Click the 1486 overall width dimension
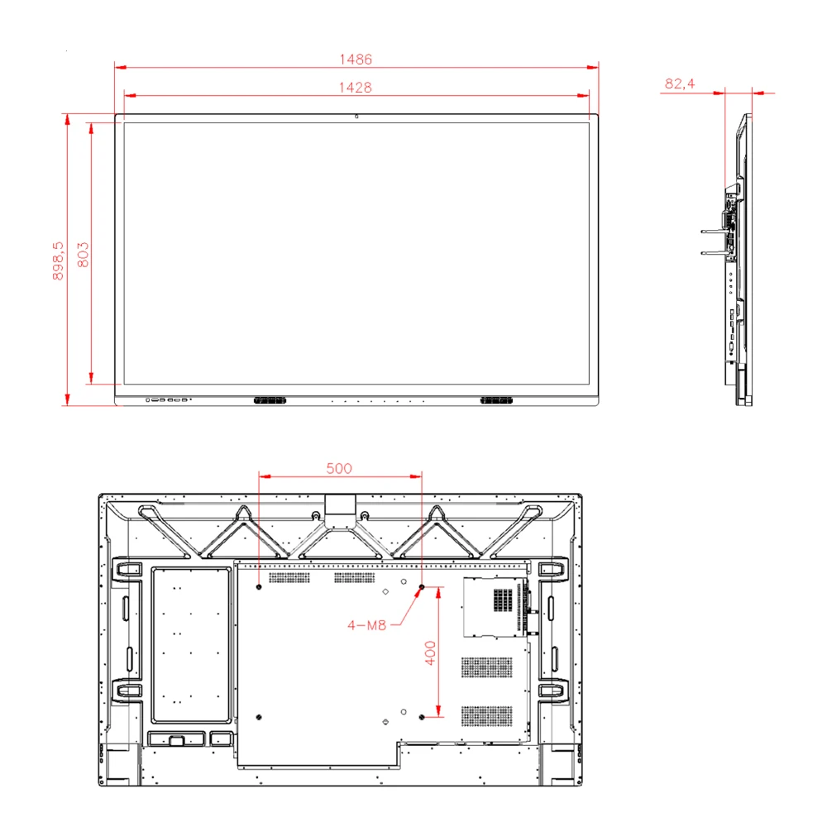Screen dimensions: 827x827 356,60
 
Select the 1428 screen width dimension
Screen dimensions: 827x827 356,87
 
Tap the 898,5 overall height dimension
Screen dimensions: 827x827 57,261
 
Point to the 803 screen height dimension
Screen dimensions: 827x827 83,254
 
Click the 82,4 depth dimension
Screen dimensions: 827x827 679,84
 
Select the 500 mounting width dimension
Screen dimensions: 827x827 338,468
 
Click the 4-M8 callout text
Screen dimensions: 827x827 367,625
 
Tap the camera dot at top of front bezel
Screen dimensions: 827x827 356,116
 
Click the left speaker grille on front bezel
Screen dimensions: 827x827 270,400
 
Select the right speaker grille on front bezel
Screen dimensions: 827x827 496,400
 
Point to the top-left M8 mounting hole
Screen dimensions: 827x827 260,587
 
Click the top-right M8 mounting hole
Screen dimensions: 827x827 422,587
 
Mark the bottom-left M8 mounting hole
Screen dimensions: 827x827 260,716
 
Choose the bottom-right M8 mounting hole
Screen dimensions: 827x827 422,716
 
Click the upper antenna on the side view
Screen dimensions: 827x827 712,232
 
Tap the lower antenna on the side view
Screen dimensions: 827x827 712,253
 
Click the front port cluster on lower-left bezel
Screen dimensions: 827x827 168,400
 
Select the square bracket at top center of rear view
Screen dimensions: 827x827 339,505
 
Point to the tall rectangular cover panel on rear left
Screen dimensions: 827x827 189,643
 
